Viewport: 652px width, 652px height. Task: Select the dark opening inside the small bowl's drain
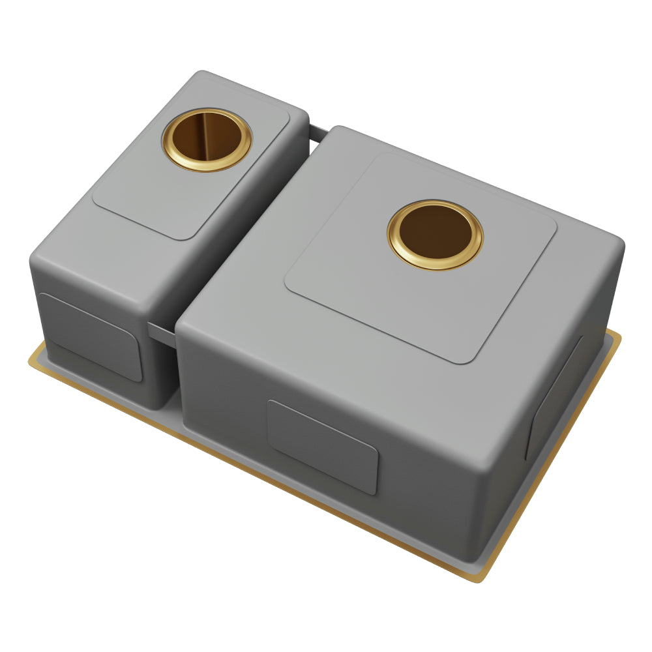click(206, 138)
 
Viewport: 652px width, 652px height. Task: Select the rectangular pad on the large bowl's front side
click(323, 446)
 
